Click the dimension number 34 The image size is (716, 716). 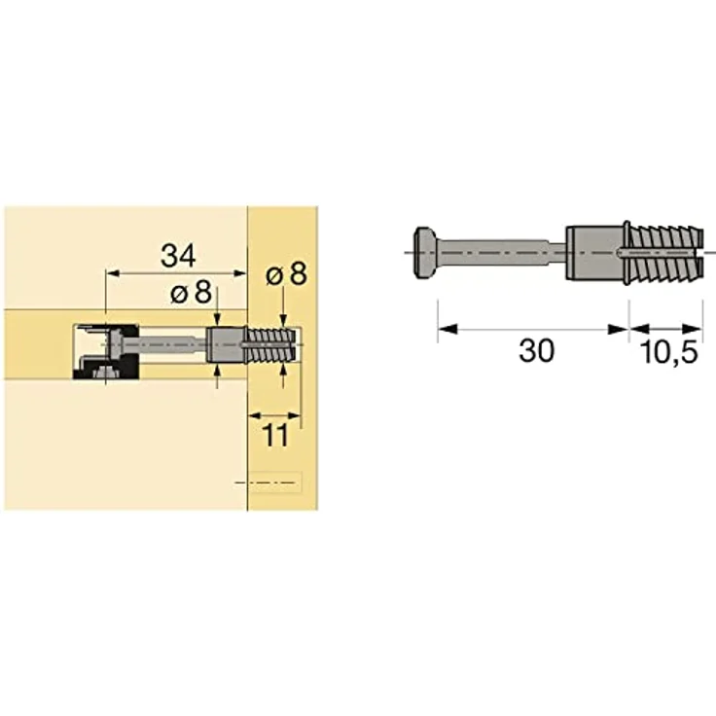pyautogui.click(x=179, y=256)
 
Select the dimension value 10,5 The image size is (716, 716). pyautogui.click(x=668, y=352)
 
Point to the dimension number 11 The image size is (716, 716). pyautogui.click(x=275, y=435)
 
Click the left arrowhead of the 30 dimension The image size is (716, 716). pyautogui.click(x=444, y=328)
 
